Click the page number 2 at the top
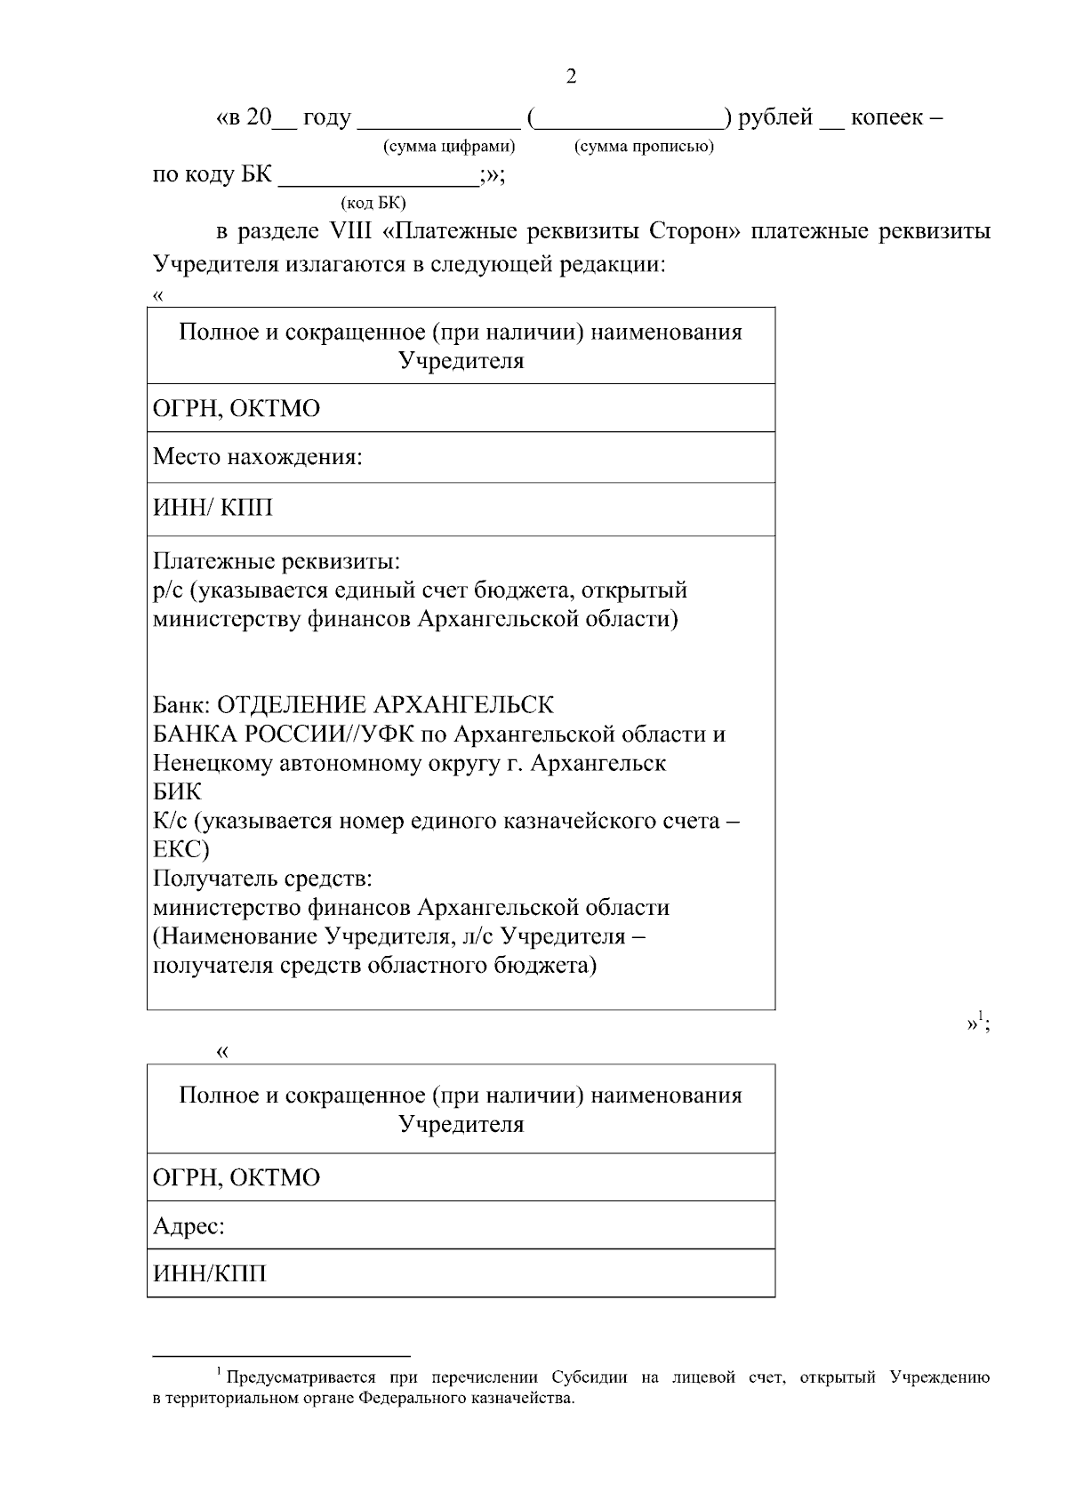point(571,76)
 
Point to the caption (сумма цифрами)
point(449,146)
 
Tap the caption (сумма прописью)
point(645,146)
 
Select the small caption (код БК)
point(373,203)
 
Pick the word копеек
point(886,117)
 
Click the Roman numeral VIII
point(352,232)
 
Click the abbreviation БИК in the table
point(177,791)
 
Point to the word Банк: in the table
point(182,705)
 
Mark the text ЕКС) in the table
point(181,849)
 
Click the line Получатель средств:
point(262,879)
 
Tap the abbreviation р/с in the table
point(167,590)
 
